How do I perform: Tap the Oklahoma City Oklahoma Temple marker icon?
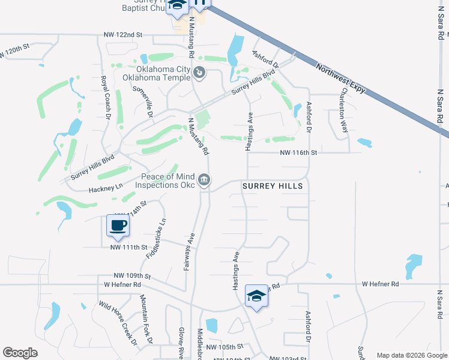(200, 73)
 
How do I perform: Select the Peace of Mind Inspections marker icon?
(205, 180)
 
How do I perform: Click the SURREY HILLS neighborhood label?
(273, 187)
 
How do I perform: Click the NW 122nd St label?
(122, 35)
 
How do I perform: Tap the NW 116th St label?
(298, 153)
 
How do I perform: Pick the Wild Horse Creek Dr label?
(118, 323)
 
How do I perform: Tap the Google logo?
(20, 353)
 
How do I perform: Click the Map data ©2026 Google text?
(412, 355)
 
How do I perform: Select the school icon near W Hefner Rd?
(256, 296)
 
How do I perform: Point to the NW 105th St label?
(224, 347)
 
